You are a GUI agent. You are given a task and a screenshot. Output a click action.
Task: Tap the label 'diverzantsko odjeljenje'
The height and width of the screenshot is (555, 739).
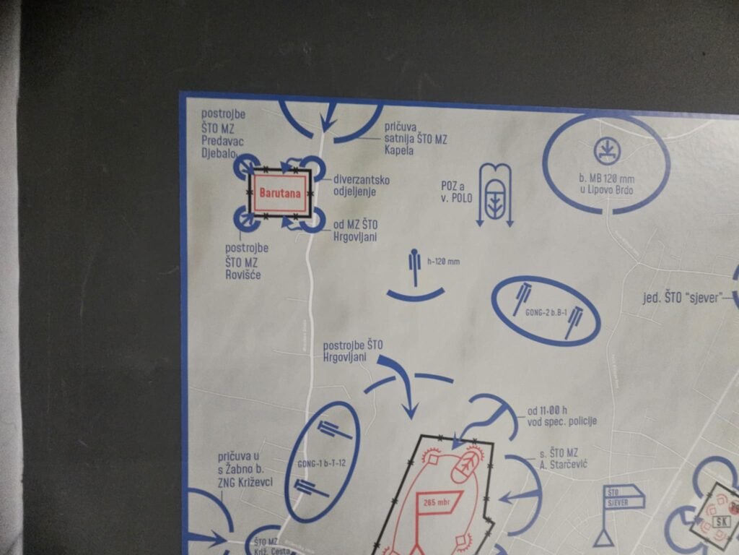[x=361, y=185]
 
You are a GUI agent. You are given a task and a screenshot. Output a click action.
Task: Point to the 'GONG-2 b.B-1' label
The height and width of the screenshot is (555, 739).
[x=546, y=312]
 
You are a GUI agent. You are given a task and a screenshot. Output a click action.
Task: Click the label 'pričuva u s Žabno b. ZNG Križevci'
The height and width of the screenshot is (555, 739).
[x=245, y=470]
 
